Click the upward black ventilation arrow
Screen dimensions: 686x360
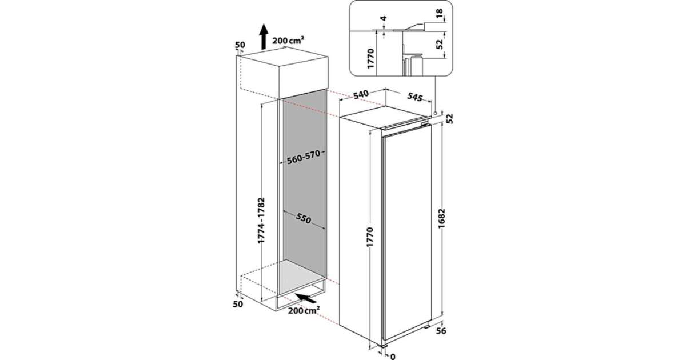click(264, 37)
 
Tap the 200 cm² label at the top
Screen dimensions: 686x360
click(288, 40)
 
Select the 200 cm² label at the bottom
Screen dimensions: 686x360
click(304, 310)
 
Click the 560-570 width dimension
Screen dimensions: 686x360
click(304, 157)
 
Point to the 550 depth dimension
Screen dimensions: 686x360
click(304, 218)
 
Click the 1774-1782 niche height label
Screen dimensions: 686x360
click(261, 221)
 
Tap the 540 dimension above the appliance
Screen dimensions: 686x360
click(361, 95)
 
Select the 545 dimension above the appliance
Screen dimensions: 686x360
click(414, 97)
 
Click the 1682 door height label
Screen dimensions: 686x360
click(441, 219)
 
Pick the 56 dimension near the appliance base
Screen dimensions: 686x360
click(441, 331)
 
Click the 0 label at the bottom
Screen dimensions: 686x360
click(393, 357)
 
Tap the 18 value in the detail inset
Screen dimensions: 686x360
click(439, 13)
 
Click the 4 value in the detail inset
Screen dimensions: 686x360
click(383, 19)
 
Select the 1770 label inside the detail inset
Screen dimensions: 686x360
click(370, 58)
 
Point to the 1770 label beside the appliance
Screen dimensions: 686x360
click(370, 237)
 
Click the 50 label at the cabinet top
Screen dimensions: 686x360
click(240, 45)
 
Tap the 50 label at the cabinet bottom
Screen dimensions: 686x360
click(238, 304)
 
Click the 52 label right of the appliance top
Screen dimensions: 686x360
click(449, 119)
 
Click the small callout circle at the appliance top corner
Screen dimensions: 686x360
click(435, 113)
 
